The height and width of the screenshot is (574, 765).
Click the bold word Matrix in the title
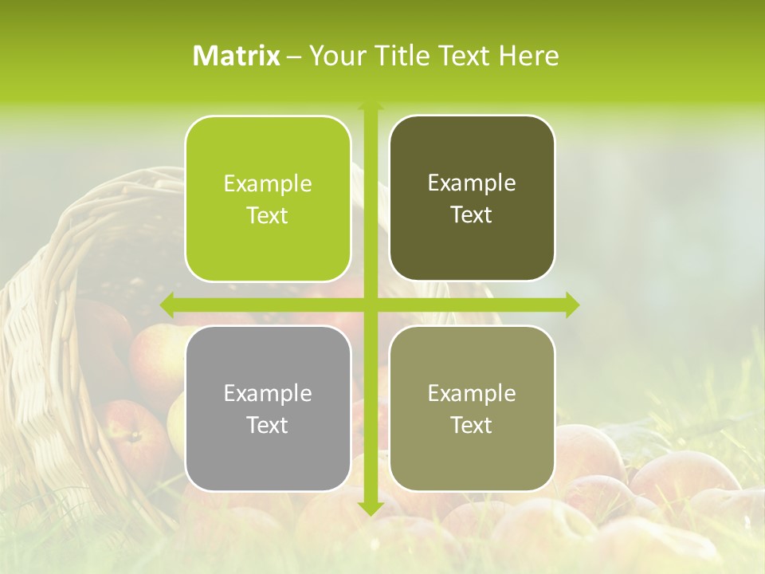(x=237, y=56)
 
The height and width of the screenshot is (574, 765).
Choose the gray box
(x=268, y=454)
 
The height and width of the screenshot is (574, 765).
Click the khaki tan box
(x=472, y=454)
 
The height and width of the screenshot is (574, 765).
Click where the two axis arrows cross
(x=371, y=305)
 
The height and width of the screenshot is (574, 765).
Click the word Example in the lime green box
(x=268, y=184)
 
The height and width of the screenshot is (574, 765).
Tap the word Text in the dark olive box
(x=472, y=215)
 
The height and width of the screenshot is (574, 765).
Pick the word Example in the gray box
(x=268, y=393)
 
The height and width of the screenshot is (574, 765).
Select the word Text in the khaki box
(x=472, y=426)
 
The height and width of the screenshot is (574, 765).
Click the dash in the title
(x=294, y=57)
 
